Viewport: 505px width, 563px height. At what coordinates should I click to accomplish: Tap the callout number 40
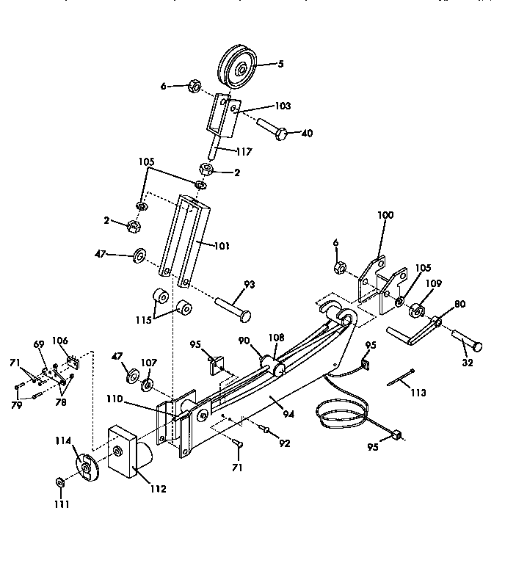[x=307, y=133]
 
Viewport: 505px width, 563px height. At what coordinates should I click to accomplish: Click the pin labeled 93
[x=233, y=306]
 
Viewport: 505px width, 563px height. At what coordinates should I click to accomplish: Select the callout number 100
[x=385, y=215]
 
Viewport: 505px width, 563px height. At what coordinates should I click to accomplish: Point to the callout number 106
[x=60, y=340]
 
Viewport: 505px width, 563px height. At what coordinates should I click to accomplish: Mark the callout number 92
[x=285, y=443]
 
